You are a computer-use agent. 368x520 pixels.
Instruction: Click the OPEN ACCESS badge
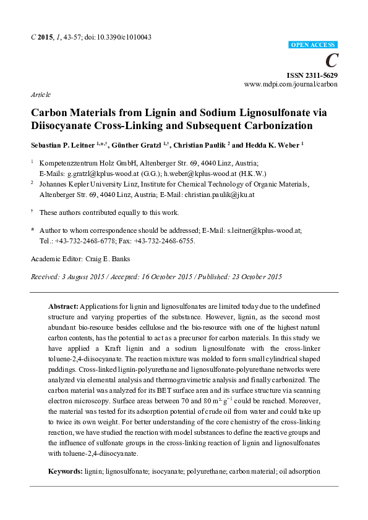(x=313, y=45)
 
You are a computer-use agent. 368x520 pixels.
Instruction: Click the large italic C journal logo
(x=332, y=60)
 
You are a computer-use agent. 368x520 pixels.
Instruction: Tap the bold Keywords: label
(x=66, y=471)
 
